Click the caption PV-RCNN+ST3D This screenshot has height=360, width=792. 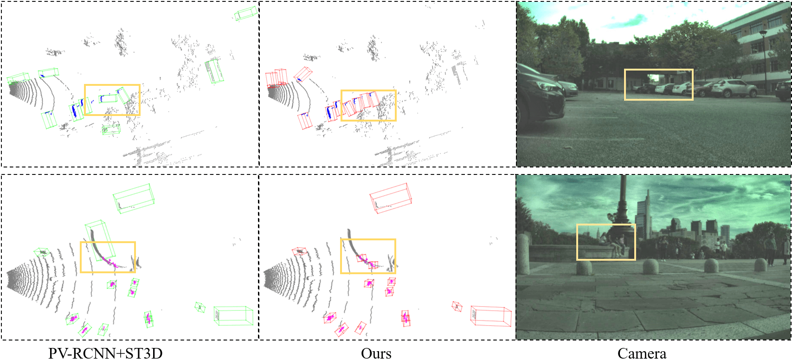pyautogui.click(x=105, y=353)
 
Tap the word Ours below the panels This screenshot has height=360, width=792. pyautogui.click(x=376, y=354)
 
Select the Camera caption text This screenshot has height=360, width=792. pyautogui.click(x=642, y=354)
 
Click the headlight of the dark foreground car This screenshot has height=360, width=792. pyautogui.click(x=546, y=86)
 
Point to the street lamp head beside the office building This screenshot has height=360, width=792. pyautogui.click(x=763, y=33)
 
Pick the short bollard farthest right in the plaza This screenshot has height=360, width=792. pyautogui.click(x=760, y=265)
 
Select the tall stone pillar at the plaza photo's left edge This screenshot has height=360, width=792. pyautogui.click(x=523, y=254)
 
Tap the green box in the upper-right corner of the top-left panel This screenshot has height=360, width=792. pyautogui.click(x=246, y=13)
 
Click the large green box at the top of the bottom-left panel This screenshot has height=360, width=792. pyautogui.click(x=134, y=199)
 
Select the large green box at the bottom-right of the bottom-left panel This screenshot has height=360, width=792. pyautogui.click(x=233, y=315)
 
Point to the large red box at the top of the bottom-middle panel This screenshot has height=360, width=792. pyautogui.click(x=391, y=198)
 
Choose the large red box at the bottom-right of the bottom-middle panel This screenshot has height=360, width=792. pyautogui.click(x=491, y=316)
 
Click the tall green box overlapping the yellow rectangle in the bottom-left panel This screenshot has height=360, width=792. pyautogui.click(x=100, y=240)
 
